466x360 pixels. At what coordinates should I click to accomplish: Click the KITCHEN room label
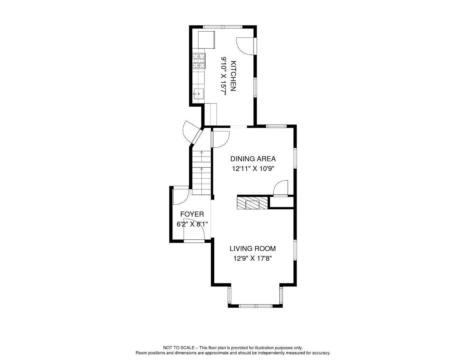[x=233, y=76]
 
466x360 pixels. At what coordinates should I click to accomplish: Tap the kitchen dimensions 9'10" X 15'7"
[x=224, y=76]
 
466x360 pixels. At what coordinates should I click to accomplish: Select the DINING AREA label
[x=253, y=159]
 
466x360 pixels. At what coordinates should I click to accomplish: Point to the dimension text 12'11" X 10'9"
[x=253, y=169]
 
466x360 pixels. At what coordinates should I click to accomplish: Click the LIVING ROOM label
[x=253, y=248]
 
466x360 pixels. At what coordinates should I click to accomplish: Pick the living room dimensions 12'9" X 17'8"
[x=253, y=258]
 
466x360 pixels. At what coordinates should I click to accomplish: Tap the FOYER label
[x=192, y=214]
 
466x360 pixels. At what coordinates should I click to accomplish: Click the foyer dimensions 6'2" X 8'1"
[x=192, y=224]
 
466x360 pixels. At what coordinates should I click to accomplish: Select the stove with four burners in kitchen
[x=199, y=61]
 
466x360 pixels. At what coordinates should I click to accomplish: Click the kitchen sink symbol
[x=198, y=93]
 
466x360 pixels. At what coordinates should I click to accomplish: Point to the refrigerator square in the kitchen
[x=206, y=40]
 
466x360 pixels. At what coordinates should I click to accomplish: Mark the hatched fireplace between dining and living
[x=252, y=203]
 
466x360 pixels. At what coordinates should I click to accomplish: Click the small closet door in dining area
[x=281, y=189]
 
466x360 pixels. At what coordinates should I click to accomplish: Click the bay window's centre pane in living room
[x=255, y=306]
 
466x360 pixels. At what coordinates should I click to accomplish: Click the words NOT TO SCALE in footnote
[x=178, y=348]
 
